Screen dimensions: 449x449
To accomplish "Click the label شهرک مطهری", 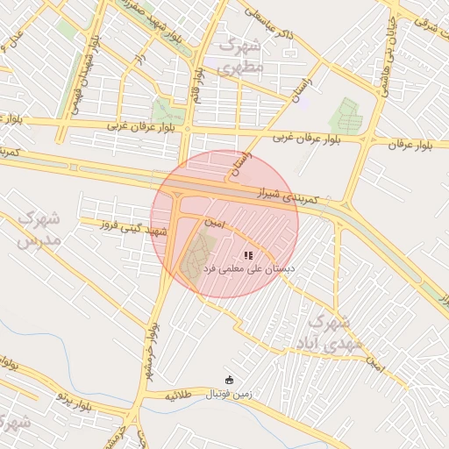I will (x=241, y=55).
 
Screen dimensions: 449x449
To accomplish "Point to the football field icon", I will (x=230, y=380).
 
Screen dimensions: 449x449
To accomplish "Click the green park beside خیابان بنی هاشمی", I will (x=346, y=116).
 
